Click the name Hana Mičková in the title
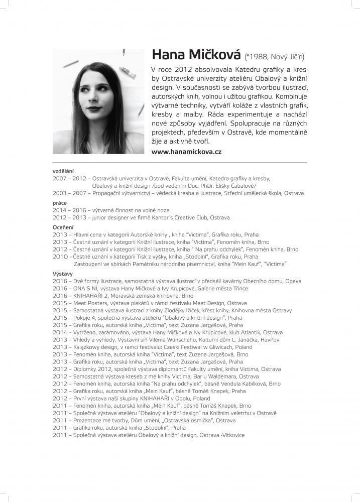(196, 55)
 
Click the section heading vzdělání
(62, 172)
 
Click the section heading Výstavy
(62, 274)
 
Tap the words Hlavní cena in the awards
(89, 234)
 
